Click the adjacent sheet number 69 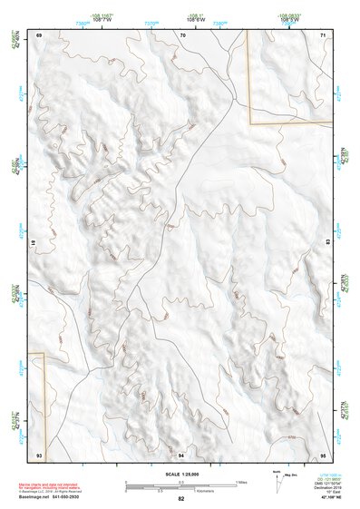40,34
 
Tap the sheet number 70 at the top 182,34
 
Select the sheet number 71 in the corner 323,34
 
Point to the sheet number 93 39,454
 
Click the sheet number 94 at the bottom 181,454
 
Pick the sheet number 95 322,454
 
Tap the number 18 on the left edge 33,243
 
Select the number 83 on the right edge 329,243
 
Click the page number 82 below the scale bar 181,499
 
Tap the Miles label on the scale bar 240,481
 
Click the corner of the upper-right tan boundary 249,122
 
